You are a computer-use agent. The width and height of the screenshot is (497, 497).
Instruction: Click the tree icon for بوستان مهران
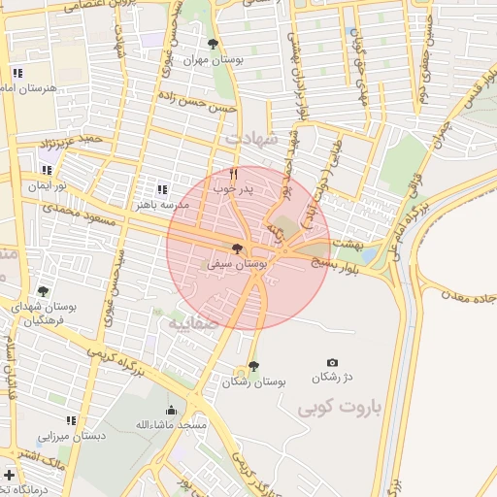click(214, 44)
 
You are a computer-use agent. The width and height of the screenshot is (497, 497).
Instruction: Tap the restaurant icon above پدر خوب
click(233, 173)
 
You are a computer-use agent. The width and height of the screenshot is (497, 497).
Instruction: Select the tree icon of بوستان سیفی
click(238, 249)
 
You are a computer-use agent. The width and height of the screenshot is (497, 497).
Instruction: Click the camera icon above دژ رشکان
click(333, 362)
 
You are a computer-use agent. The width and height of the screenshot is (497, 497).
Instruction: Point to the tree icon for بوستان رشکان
click(253, 366)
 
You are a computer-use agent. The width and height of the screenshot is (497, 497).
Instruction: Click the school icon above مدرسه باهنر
click(161, 188)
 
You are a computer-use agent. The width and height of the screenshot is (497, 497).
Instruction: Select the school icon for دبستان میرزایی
click(70, 420)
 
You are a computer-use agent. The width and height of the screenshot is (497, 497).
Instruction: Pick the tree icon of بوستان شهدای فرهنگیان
click(42, 290)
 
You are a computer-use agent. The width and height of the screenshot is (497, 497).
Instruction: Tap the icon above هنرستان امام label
click(17, 73)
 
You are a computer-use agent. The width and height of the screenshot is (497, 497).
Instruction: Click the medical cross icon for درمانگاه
click(9, 476)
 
